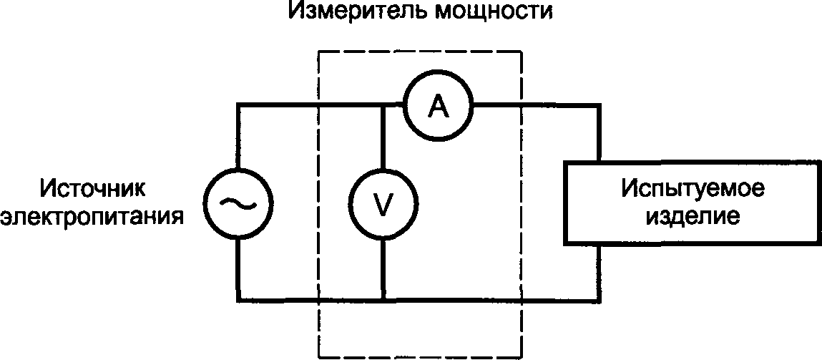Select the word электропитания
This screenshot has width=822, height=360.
click(93, 216)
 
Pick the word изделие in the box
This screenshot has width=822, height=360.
click(693, 216)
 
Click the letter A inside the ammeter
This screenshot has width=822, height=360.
click(439, 107)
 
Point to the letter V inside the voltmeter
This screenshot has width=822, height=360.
click(384, 205)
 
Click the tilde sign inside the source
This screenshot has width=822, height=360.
click(238, 203)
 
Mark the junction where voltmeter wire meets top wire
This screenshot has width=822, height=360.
click(383, 107)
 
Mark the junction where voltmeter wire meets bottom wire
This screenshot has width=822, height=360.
click(383, 301)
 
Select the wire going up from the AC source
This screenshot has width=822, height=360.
click(238, 137)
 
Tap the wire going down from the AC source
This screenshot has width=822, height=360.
click(238, 270)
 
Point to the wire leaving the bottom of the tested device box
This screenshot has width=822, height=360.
click(599, 273)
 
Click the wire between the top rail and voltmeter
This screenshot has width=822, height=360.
click(383, 139)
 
